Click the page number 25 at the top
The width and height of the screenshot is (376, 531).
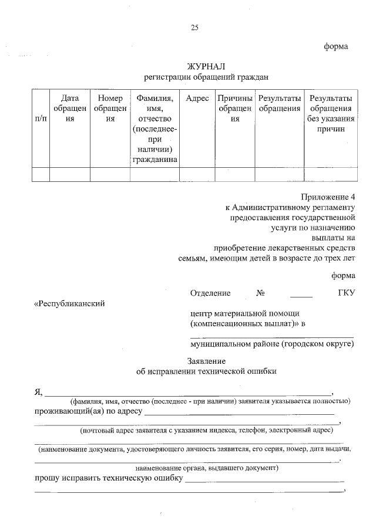(194, 28)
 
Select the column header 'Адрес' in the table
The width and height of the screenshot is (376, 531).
(197, 99)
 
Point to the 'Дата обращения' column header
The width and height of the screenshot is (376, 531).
(69, 109)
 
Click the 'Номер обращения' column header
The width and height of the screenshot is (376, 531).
(110, 109)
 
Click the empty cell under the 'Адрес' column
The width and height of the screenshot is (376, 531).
(197, 174)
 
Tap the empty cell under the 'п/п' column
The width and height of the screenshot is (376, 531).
(41, 174)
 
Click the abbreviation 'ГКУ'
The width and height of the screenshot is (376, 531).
(345, 293)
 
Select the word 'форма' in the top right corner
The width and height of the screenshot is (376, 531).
(337, 46)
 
